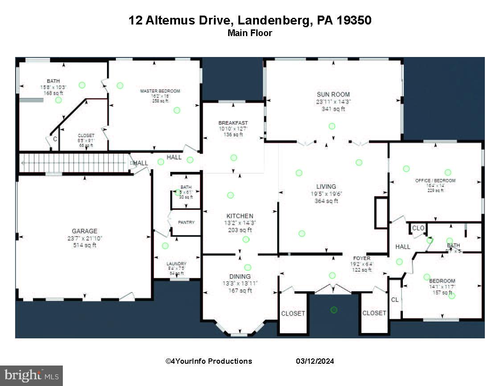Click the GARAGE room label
point(85,231)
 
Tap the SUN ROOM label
point(333,94)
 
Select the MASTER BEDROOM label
point(160,91)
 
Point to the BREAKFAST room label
point(233,123)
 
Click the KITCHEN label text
point(240,216)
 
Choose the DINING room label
point(240,276)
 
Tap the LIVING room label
point(326,187)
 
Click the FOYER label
point(362,258)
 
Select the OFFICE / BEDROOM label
point(435,181)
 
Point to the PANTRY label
point(186,222)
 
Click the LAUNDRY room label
point(176,264)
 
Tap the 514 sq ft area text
point(85,245)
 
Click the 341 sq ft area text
point(333,109)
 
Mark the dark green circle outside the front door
point(334,309)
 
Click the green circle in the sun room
point(332,126)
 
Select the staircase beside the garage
point(74,163)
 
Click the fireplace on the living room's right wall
point(381,213)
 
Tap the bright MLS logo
point(31,376)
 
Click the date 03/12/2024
point(315,361)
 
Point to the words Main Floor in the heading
point(250,33)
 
